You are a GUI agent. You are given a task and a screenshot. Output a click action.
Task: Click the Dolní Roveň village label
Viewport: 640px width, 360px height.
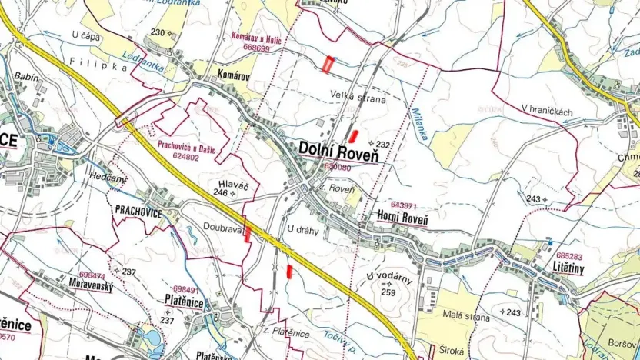point(339,149)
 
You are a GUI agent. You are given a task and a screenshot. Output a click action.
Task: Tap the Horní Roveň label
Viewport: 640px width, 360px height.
point(403,218)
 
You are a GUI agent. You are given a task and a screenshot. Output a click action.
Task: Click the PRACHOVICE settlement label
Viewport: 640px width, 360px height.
point(138,212)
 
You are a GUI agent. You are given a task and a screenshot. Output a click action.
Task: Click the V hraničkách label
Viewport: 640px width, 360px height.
point(547,112)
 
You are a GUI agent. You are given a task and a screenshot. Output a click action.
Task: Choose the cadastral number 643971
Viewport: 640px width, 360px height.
point(403,205)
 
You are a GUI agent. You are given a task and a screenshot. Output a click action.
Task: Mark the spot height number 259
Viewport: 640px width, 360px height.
point(388,292)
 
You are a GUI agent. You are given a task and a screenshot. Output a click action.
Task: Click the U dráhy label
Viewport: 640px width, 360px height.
point(302,230)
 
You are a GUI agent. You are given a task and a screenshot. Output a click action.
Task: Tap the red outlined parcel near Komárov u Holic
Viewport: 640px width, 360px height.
point(328,65)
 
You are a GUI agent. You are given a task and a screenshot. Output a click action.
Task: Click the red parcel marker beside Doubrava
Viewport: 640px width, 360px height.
point(247,235)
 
